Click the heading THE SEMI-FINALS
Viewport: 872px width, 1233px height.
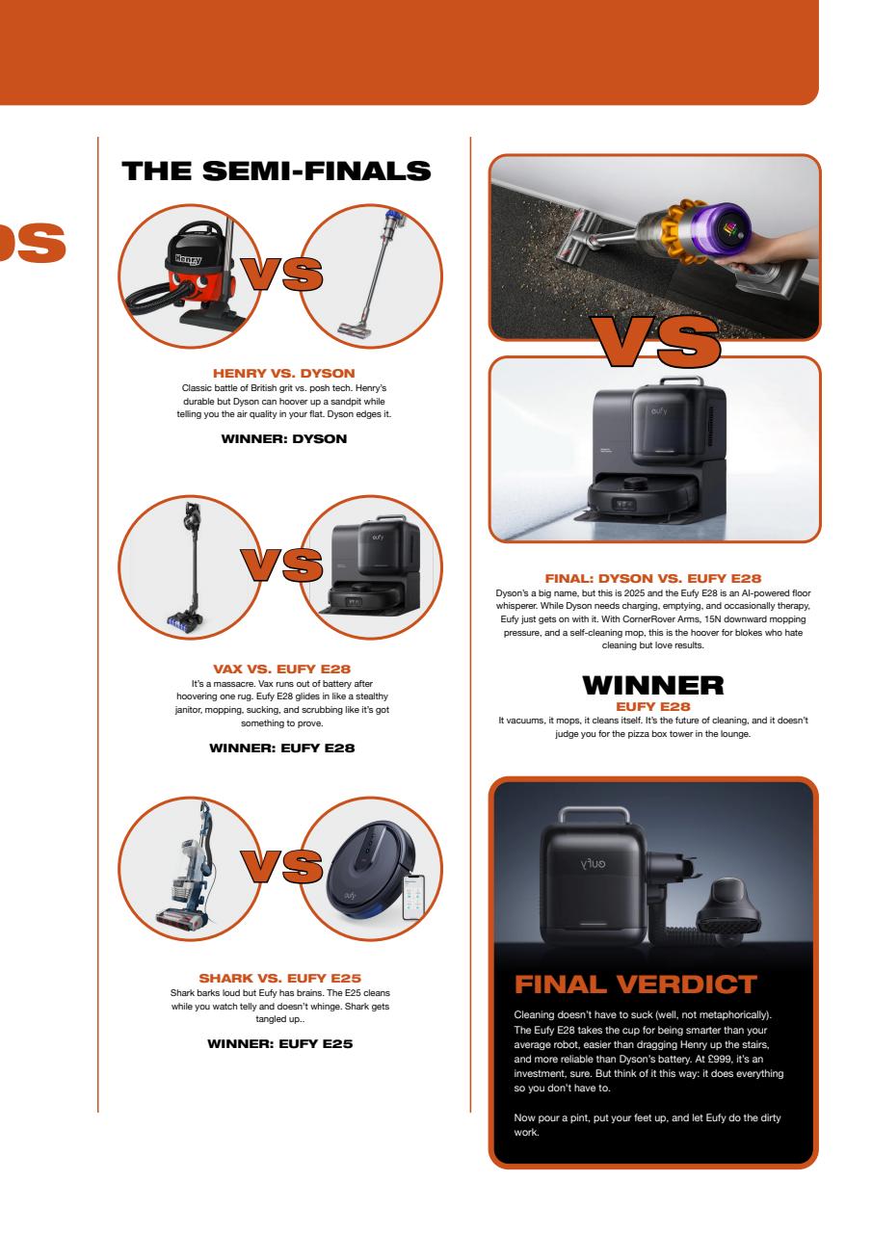(276, 171)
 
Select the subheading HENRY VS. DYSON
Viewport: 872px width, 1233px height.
(283, 373)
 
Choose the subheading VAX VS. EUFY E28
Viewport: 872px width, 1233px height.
(283, 666)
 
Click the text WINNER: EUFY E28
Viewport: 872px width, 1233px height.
(283, 747)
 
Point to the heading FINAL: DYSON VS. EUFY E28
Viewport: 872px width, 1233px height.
(653, 578)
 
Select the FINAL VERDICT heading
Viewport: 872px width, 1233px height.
(636, 985)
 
